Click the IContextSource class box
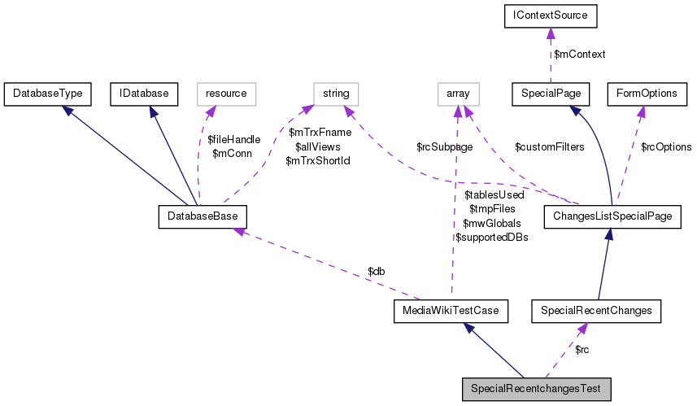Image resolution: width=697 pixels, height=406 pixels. [x=551, y=15]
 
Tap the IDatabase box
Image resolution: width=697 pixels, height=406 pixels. [x=144, y=94]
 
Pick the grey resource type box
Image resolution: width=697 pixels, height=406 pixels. [x=225, y=94]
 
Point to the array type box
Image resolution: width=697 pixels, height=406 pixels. [x=458, y=94]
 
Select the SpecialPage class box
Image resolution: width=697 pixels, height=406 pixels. [x=551, y=94]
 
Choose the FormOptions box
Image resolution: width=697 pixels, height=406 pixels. [x=647, y=94]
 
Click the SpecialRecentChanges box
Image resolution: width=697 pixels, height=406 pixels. [x=596, y=310]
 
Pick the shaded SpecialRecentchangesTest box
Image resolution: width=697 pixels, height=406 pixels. [x=535, y=389]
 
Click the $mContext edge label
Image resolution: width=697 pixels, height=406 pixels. [x=579, y=55]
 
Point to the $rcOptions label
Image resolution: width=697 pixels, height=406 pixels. [x=666, y=147]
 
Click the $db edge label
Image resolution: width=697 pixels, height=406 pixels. [x=375, y=270]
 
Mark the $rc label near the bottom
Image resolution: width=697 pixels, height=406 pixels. [x=582, y=350]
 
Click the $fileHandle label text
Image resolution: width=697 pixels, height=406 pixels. [x=233, y=140]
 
